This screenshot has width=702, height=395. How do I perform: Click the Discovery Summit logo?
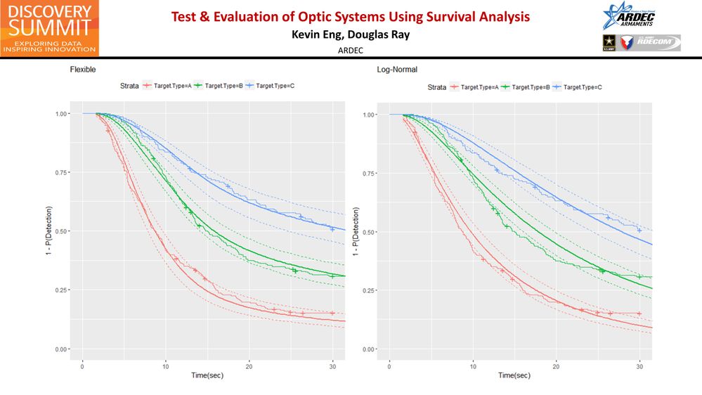[49, 28]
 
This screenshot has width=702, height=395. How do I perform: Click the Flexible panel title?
[82, 70]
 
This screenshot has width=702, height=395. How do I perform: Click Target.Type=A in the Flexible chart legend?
[169, 86]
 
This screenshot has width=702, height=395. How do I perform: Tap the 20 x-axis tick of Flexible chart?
[249, 366]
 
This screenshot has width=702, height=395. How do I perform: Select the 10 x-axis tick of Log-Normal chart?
[473, 366]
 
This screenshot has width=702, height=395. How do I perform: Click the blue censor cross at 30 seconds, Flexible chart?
[332, 228]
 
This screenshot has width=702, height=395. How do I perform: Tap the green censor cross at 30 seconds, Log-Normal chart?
[639, 276]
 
